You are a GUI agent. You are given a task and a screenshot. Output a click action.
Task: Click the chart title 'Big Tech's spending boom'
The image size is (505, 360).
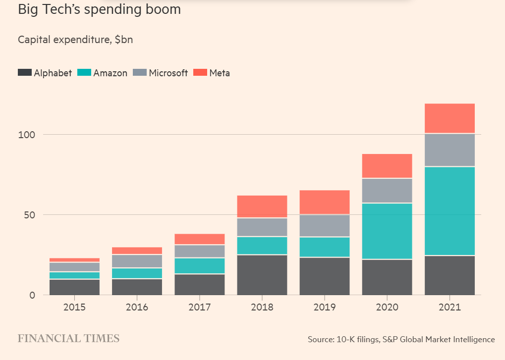click(x=99, y=10)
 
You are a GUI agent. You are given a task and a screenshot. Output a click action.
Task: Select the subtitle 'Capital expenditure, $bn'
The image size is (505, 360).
click(x=75, y=40)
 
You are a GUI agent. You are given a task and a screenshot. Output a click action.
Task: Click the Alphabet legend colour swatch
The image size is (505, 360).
click(x=25, y=73)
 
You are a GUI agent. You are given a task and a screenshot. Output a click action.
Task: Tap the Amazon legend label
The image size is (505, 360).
click(x=110, y=73)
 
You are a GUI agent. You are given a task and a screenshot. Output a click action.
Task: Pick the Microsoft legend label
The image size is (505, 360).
click(x=168, y=73)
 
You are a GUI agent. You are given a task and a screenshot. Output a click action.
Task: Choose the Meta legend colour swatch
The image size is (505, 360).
click(x=200, y=73)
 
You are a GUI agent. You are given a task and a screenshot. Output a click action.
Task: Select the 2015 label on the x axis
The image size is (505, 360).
click(x=74, y=307)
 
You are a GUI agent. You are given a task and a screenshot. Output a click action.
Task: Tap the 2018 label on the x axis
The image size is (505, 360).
click(x=262, y=307)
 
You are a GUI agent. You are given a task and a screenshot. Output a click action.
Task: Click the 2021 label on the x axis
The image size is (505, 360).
click(x=449, y=307)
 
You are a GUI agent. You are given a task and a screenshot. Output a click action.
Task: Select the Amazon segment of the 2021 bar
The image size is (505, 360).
click(x=449, y=211)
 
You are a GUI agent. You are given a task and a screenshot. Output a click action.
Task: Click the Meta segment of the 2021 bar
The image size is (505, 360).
click(x=449, y=118)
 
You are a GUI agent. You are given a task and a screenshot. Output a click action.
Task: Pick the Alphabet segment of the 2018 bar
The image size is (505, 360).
click(x=262, y=275)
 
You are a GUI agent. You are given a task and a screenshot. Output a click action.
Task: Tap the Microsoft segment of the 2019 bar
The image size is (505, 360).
click(x=325, y=226)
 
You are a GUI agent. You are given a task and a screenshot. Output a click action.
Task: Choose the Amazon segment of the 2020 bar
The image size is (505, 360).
click(x=387, y=231)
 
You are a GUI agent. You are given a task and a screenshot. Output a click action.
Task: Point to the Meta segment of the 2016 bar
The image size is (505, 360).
click(x=137, y=251)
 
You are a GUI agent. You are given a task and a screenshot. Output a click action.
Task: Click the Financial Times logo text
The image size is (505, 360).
click(x=68, y=339)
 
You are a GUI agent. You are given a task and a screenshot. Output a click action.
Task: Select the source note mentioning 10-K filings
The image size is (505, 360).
click(x=401, y=339)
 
